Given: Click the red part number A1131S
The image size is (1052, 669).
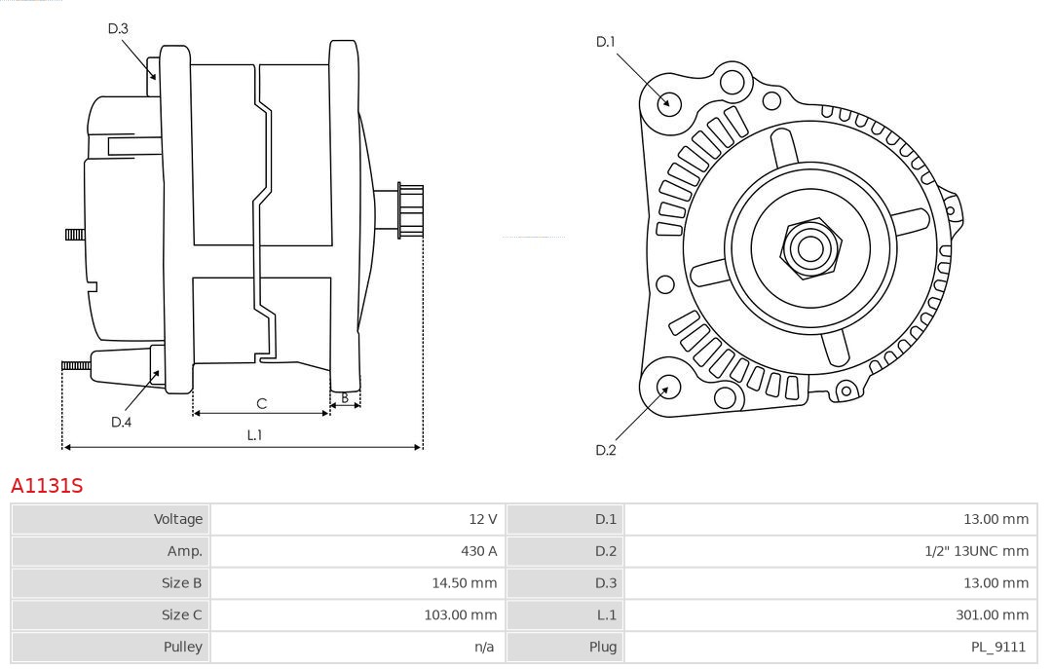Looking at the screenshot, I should [x=47, y=486].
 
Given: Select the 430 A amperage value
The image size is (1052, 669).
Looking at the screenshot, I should [x=478, y=551].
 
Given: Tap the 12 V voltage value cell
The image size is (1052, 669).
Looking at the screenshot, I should [x=482, y=519].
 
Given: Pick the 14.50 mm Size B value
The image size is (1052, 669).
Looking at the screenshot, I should [x=465, y=583].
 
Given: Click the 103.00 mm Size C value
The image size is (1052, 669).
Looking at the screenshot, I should [x=461, y=614].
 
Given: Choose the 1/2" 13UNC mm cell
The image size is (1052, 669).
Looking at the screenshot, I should [x=976, y=551].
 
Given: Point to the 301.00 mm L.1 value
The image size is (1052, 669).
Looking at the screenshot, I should [x=994, y=614].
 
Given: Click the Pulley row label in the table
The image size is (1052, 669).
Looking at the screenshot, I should [x=183, y=647].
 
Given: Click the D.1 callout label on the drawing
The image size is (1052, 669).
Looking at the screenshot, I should [x=606, y=42].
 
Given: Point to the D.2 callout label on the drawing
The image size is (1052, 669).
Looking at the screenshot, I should [x=606, y=450].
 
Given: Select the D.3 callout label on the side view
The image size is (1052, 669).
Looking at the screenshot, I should [x=118, y=29].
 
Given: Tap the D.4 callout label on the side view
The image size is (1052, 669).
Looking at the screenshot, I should [x=121, y=422].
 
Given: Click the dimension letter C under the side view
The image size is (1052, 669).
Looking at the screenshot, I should [x=261, y=403].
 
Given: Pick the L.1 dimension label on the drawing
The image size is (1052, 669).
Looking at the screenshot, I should [x=254, y=435].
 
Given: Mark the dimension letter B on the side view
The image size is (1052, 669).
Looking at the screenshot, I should [x=345, y=397].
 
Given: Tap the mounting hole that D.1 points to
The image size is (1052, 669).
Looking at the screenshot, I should [x=669, y=101].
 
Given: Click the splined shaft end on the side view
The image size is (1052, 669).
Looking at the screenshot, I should [x=410, y=210].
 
